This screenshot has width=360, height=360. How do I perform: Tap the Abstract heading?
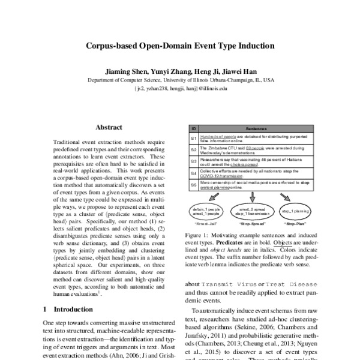(109, 127)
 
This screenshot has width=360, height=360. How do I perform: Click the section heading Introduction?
(66, 309)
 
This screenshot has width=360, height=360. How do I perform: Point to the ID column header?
(193, 128)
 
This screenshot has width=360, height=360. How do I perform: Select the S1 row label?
(193, 139)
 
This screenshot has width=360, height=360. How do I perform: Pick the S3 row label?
(193, 161)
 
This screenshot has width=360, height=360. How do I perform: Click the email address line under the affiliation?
(181, 88)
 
